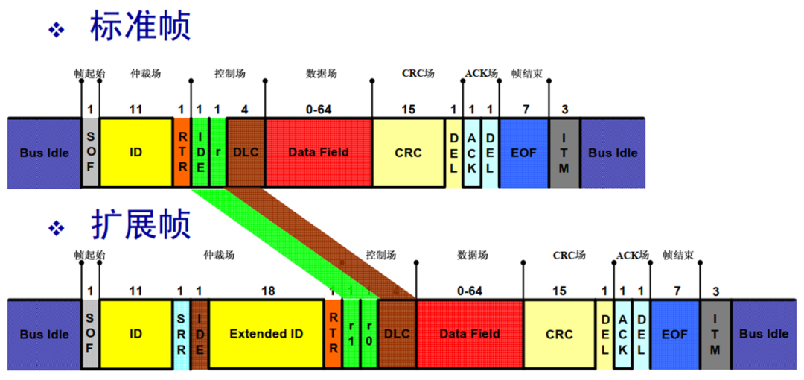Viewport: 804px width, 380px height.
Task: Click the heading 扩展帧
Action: click(140, 223)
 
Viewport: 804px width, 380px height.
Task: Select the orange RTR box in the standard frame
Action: click(182, 152)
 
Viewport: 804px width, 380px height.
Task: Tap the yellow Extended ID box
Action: click(267, 334)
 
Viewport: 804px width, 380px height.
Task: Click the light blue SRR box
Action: click(182, 334)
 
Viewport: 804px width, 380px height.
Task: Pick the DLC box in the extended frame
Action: click(397, 334)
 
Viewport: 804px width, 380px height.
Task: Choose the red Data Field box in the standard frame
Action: click(319, 152)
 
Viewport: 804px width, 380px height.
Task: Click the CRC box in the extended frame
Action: click(559, 334)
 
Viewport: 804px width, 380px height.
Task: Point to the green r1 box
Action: click(351, 334)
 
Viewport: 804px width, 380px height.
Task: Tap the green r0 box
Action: click(369, 334)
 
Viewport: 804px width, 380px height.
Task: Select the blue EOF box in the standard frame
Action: click(524, 152)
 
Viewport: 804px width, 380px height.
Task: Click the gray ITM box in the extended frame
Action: click(715, 334)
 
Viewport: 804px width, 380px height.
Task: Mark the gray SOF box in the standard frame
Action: click(90, 152)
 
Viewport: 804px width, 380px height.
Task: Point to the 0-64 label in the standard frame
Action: click(319, 109)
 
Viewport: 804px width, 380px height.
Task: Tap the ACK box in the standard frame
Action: click(471, 152)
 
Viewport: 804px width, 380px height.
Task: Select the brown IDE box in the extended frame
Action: click(200, 334)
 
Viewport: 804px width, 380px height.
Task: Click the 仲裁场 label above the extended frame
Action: click(220, 256)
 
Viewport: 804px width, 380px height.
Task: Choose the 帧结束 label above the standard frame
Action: click(526, 74)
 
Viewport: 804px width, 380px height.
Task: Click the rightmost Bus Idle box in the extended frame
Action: click(763, 334)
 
